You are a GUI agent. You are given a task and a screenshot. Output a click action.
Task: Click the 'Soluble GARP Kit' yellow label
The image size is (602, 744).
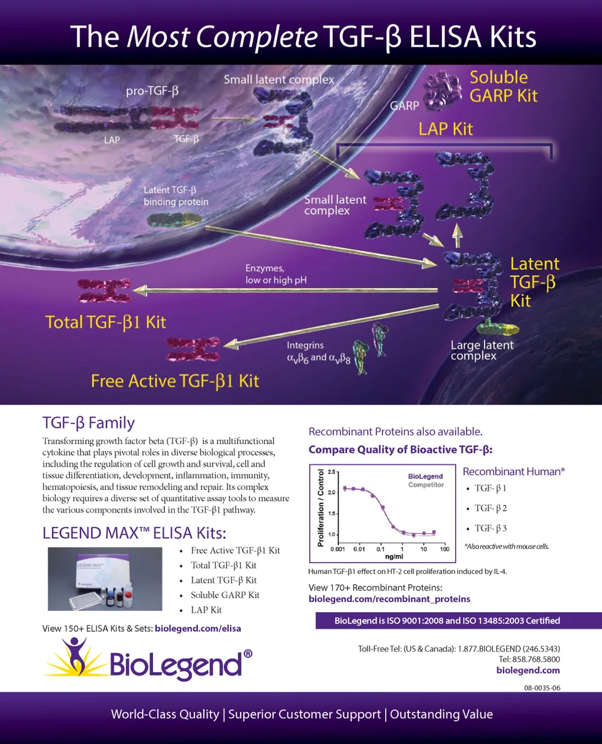tap(504, 87)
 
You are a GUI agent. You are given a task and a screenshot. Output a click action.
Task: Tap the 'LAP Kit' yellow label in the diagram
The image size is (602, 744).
tap(445, 129)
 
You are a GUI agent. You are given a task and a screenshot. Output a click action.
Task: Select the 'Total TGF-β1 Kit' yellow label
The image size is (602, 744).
tap(105, 322)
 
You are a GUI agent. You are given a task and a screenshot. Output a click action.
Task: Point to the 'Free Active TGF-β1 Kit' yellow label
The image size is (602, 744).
tap(174, 381)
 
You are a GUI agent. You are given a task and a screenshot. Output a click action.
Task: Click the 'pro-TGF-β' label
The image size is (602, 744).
tap(156, 91)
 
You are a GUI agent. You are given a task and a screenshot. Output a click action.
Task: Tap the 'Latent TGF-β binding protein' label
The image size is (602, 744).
tap(176, 196)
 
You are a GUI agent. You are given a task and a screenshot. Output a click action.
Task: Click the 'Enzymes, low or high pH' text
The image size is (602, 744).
tap(275, 274)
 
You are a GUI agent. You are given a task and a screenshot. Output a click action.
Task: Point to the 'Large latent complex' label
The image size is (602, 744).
tap(482, 351)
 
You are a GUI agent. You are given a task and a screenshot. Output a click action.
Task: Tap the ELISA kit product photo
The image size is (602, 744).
tap(105, 579)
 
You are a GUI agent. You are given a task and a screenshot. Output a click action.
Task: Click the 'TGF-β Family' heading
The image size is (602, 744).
tap(88, 422)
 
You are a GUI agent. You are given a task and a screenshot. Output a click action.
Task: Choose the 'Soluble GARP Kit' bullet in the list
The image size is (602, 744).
tap(225, 595)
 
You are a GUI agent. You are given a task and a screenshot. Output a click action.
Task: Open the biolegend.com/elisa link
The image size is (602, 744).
tap(198, 628)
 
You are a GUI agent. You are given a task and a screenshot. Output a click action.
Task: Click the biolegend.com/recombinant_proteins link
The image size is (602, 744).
tap(389, 599)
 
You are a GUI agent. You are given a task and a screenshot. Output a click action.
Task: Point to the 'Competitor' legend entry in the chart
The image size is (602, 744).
tap(426, 485)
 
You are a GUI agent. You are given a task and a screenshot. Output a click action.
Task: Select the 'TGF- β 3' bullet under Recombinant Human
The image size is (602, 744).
tap(490, 528)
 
